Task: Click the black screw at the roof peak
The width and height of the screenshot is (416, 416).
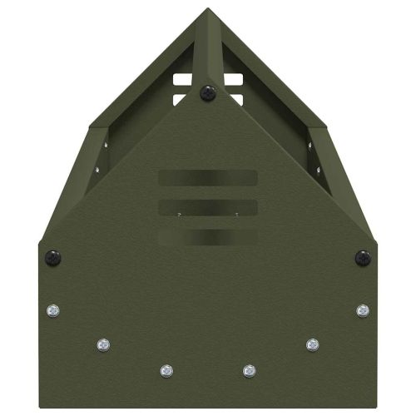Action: tap(208, 93)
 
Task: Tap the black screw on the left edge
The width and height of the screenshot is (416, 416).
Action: tap(52, 258)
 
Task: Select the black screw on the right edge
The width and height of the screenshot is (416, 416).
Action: tap(363, 258)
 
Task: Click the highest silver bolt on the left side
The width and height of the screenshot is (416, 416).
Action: tap(52, 310)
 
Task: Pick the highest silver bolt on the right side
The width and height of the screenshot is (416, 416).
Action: tap(363, 310)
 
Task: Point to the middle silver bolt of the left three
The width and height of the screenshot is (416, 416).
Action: tap(103, 344)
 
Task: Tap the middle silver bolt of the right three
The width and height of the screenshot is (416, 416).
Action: tap(312, 344)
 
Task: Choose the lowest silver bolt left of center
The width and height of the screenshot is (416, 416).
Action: tap(166, 369)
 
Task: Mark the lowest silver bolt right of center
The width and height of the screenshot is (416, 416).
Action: tap(249, 369)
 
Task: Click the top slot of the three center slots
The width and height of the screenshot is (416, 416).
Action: tap(207, 178)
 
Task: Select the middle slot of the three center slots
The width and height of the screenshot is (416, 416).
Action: tap(207, 206)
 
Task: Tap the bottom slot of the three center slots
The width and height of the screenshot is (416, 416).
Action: tap(207, 236)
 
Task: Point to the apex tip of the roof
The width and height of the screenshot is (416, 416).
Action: tap(208, 10)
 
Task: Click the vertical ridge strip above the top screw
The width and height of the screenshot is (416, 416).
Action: tap(208, 50)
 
